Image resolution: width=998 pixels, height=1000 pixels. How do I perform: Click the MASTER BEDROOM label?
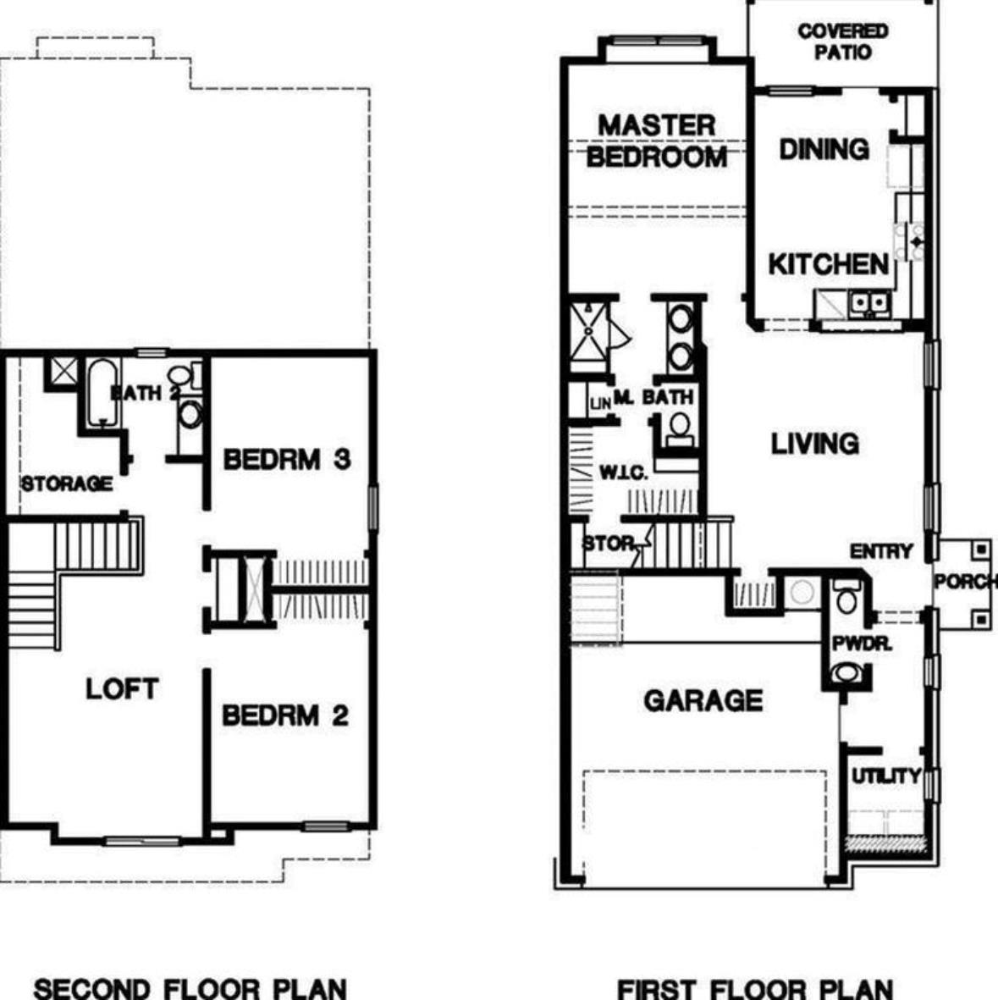[x=656, y=141]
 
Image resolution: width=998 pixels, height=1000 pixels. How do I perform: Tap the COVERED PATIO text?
[x=842, y=41]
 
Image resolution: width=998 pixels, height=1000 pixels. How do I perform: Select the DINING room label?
[x=824, y=150]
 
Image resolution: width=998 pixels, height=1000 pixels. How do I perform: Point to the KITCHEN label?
[x=828, y=264]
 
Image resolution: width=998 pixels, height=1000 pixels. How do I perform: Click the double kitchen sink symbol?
[x=869, y=301]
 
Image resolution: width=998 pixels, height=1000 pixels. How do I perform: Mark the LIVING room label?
[x=814, y=444]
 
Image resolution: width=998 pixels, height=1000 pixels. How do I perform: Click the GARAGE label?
[x=703, y=701]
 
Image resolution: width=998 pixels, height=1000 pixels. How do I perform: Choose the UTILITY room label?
[x=885, y=776]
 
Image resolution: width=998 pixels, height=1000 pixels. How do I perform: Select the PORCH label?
[x=965, y=583]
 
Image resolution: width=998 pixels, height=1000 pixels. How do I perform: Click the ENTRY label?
[x=881, y=551]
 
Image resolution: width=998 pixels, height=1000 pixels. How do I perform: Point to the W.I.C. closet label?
[x=624, y=472]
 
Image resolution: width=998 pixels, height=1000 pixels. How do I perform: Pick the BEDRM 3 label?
[x=286, y=460]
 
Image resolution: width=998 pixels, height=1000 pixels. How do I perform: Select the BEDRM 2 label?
[x=285, y=715]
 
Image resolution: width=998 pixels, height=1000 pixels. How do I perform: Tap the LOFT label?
[x=121, y=689]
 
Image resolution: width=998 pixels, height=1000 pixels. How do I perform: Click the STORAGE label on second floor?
[x=67, y=483]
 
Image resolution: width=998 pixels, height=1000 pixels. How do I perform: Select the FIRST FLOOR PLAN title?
[x=754, y=987]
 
